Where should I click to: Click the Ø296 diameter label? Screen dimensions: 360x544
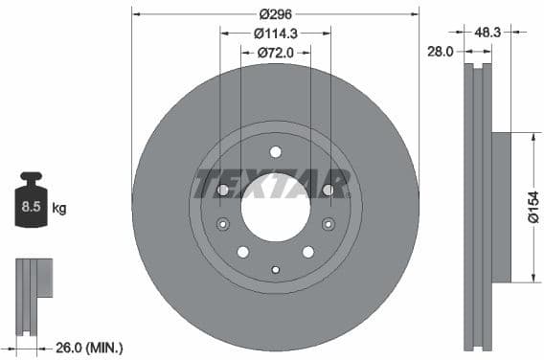[x=275, y=13]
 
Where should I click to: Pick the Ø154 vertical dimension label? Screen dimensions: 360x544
[x=532, y=208]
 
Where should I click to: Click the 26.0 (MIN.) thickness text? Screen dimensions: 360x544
[x=88, y=347]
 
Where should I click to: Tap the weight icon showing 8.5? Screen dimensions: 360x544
[x=31, y=201]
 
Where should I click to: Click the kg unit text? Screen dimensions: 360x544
[x=59, y=207]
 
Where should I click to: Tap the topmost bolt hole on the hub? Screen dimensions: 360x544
[x=275, y=151]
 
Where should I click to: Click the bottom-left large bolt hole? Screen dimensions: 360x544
[x=242, y=252]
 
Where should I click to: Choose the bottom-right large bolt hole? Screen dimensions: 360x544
[x=307, y=252]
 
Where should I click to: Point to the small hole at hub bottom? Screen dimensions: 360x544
[x=275, y=269]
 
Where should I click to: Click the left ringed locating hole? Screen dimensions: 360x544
[x=222, y=225]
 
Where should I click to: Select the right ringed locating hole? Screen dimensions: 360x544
[x=329, y=225]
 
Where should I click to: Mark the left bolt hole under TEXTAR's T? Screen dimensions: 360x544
[x=222, y=191]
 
